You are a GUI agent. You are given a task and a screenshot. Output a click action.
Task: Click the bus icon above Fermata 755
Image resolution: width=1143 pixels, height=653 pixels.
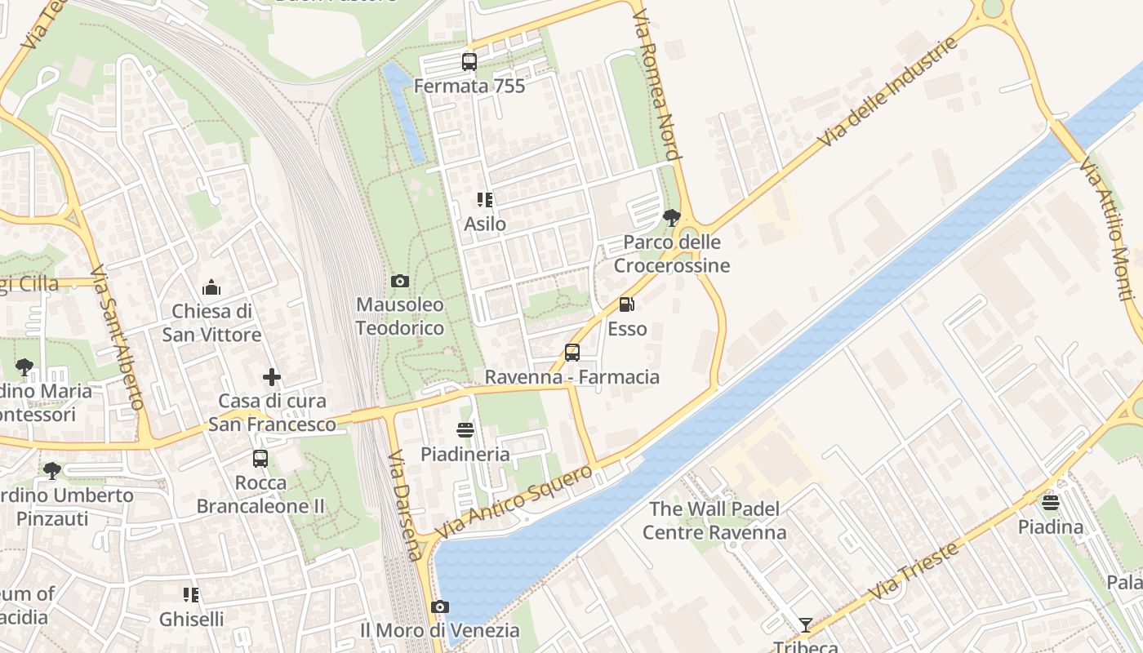(x=469, y=62)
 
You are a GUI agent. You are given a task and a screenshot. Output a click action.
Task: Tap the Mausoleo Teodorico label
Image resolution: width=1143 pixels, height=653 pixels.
(x=400, y=317)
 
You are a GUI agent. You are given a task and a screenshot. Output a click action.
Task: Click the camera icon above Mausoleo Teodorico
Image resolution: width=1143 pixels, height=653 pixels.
(x=400, y=282)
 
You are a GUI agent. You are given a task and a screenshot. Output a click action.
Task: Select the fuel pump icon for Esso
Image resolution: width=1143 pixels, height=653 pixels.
(x=627, y=304)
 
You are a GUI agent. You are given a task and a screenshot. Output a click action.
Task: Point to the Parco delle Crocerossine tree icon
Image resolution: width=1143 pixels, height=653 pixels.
(x=672, y=217)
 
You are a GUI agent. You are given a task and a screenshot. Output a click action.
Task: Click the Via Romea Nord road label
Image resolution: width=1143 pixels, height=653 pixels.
(x=656, y=85)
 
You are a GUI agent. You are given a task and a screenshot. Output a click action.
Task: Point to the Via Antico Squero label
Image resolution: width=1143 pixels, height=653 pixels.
(x=514, y=500)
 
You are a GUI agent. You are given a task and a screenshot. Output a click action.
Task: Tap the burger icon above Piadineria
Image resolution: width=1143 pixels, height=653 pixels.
(x=465, y=429)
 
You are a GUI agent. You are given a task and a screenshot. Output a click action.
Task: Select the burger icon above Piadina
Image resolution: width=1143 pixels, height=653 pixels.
(x=1051, y=502)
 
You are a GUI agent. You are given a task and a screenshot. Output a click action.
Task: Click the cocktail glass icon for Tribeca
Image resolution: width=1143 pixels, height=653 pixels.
(x=806, y=625)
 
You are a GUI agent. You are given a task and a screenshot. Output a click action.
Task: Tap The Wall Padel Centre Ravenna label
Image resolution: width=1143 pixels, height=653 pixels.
(x=714, y=521)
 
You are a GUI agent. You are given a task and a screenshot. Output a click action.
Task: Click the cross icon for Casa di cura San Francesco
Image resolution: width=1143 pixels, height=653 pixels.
(x=272, y=377)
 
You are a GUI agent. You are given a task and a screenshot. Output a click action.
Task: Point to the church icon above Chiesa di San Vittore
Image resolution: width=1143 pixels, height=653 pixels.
(x=211, y=287)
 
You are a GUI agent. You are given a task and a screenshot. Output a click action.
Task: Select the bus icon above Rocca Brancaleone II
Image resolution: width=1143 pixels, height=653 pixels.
(x=260, y=459)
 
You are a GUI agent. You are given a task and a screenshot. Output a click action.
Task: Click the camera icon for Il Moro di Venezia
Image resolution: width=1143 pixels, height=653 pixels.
(x=440, y=606)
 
